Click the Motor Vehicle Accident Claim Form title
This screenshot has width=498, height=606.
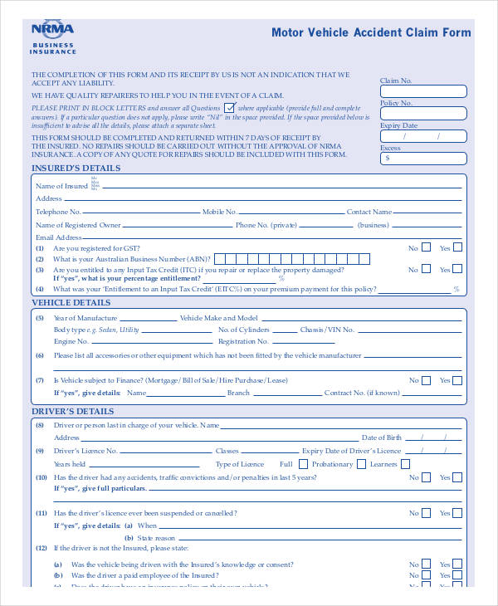pos(371,33)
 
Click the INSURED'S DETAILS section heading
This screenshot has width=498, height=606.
pos(76,169)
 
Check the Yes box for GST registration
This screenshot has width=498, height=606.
pos(456,247)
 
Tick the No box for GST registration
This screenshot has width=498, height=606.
pos(426,247)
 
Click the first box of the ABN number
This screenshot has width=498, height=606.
pos(220,258)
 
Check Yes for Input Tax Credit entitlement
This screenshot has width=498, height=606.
pos(456,269)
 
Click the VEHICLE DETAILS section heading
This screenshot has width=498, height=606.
pos(71,303)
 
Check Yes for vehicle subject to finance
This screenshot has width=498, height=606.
pos(456,379)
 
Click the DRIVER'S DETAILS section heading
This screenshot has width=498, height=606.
pos(73,412)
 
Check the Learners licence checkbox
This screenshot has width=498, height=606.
pos(405,464)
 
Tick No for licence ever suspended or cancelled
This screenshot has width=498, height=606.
pos(426,513)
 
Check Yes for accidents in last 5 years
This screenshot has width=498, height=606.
pos(456,477)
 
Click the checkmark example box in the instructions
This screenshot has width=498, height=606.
pos(229,108)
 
